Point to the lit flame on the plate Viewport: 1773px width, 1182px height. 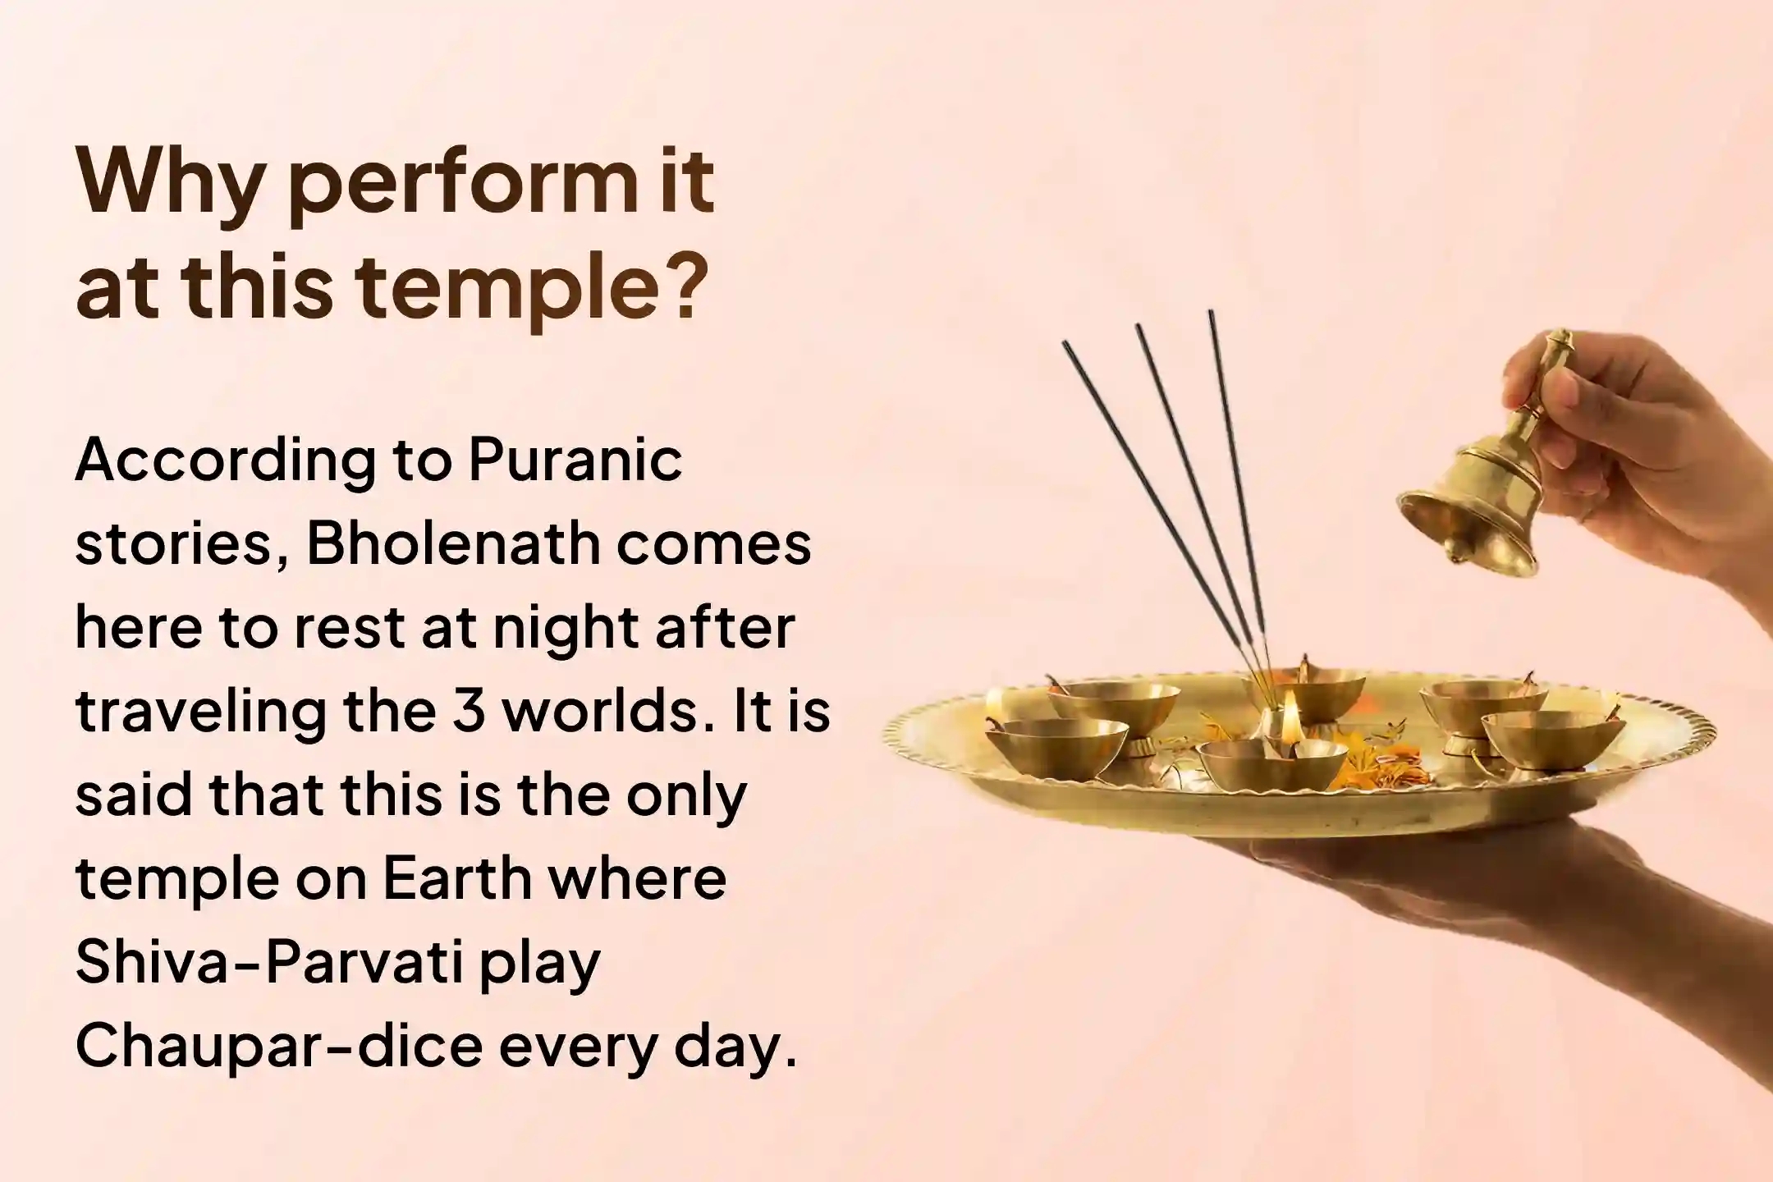click(x=1289, y=708)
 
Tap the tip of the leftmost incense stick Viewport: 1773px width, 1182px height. click(x=1065, y=345)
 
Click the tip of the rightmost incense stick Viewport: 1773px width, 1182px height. click(x=1210, y=313)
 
